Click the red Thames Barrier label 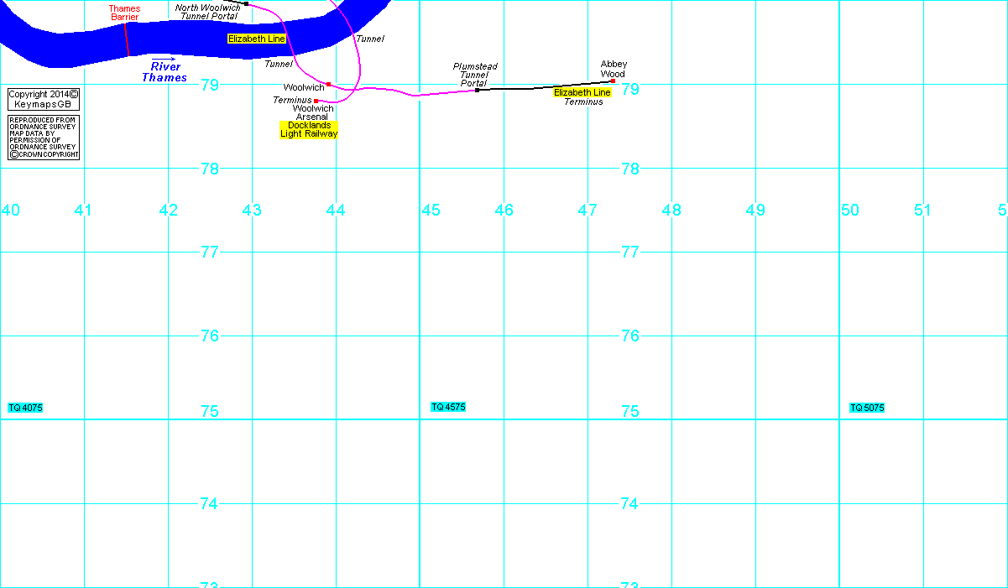coord(124,13)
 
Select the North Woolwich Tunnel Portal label coord(207,12)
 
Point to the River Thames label coord(165,72)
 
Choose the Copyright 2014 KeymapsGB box coord(44,99)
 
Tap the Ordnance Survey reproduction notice coord(44,138)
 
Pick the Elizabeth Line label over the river coord(257,39)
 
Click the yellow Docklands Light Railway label coord(309,129)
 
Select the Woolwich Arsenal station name coord(313,112)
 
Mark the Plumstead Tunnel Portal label coord(475,75)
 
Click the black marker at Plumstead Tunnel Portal coord(478,90)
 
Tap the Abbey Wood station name coord(614,69)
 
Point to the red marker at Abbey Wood coord(613,81)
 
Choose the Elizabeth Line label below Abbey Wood coord(582,92)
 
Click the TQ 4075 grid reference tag coord(25,408)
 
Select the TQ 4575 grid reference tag coord(448,407)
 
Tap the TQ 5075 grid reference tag coord(867,408)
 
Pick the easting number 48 coord(671,210)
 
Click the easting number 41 coord(82,210)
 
